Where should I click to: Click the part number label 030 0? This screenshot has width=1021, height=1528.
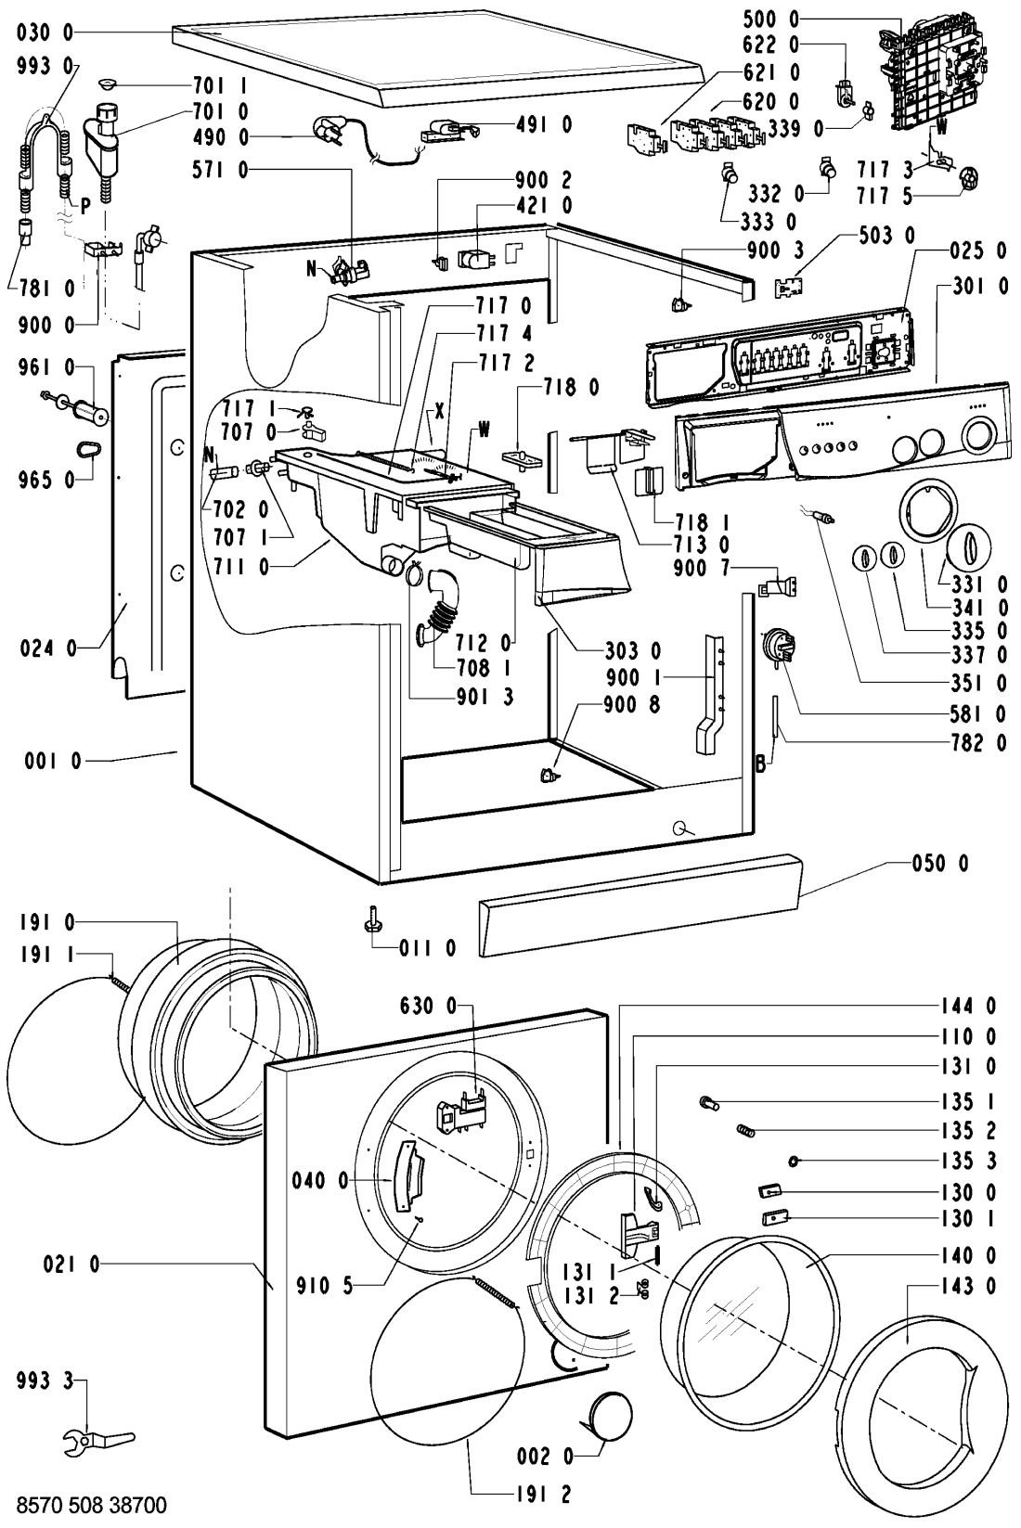pos(45,32)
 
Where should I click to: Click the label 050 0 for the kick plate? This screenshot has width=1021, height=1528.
pos(940,864)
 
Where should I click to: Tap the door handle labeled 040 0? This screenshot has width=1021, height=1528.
pos(407,1176)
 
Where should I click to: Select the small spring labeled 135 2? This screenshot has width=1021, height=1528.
pos(745,1130)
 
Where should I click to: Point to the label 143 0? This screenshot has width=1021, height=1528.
pos(968,1287)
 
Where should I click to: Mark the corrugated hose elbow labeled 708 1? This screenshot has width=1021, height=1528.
pos(437,607)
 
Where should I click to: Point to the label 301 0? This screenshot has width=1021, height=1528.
pos(979,286)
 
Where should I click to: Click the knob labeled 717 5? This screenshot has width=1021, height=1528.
pos(965,179)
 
